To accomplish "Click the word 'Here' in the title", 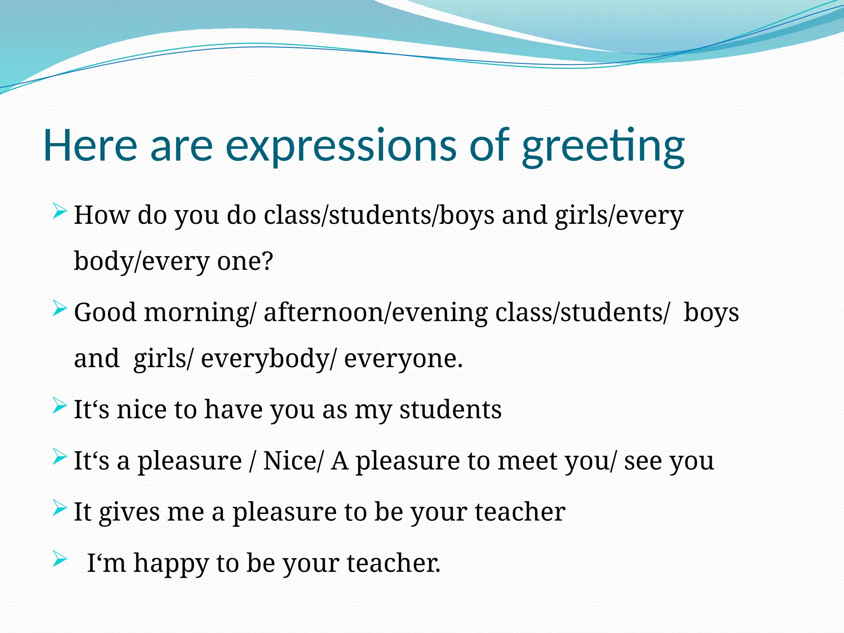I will (x=90, y=145).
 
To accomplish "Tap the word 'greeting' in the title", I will (x=603, y=147).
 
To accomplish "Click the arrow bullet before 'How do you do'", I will (x=60, y=212).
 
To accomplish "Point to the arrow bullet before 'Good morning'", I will (x=60, y=309).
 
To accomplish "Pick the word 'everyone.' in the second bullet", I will (x=403, y=359).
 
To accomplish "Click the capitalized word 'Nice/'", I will (x=293, y=461).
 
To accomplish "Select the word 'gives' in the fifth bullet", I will (x=129, y=512).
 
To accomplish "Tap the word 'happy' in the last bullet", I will (x=171, y=564).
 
